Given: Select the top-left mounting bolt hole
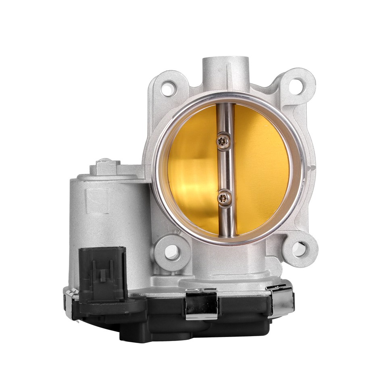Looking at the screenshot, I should tap(167, 88).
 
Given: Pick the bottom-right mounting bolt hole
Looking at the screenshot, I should tap(299, 248).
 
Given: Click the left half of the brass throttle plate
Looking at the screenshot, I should tap(191, 169).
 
